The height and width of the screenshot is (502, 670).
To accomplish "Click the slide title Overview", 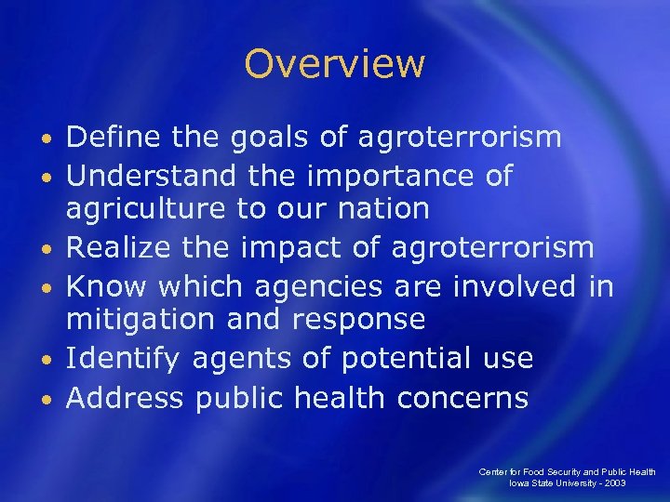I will tap(334, 64).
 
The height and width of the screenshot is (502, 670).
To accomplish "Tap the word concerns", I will tap(462, 398).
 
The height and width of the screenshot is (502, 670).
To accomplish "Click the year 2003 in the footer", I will tap(613, 483).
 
